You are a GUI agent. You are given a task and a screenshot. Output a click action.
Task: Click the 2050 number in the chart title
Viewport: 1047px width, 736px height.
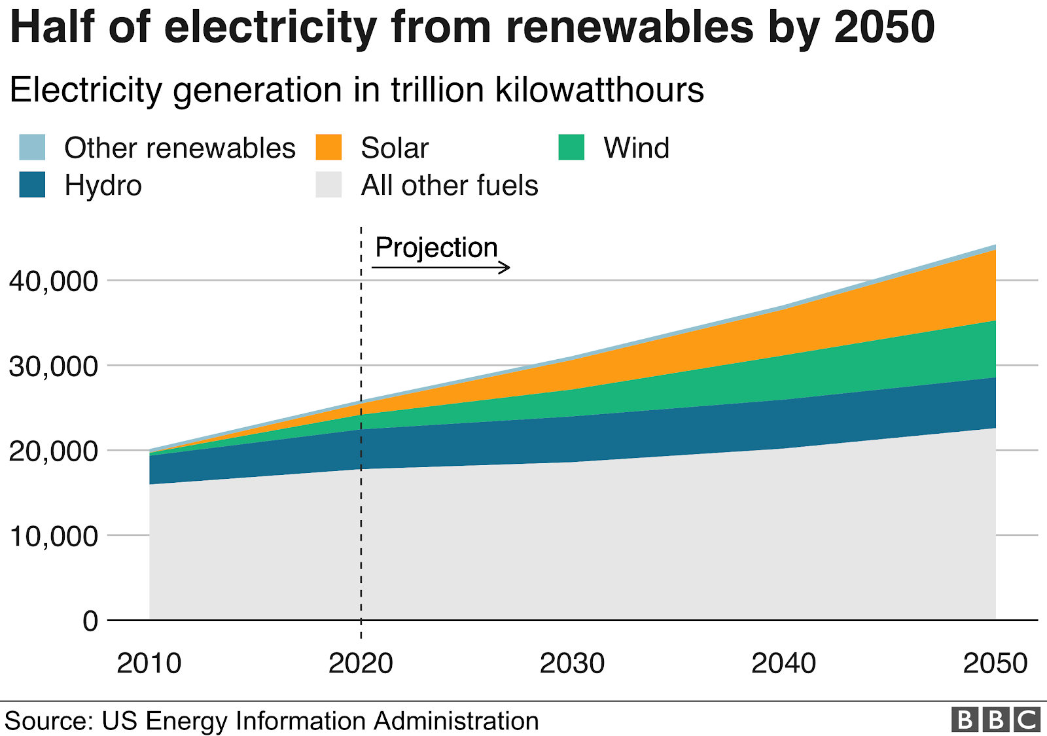(x=884, y=27)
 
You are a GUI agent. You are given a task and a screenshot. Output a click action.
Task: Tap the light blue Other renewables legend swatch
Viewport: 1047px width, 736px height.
(x=32, y=147)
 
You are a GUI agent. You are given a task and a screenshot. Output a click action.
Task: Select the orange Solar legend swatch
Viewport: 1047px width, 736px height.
(x=328, y=147)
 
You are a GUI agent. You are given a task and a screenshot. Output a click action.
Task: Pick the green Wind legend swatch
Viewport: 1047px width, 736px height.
(x=571, y=147)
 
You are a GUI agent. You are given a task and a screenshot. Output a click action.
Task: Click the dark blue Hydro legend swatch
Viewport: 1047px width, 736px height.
(x=32, y=184)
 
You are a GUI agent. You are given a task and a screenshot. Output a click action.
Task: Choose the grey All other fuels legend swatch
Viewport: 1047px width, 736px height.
(x=328, y=184)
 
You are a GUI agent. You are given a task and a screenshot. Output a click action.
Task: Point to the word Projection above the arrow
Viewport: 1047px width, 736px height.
(x=436, y=248)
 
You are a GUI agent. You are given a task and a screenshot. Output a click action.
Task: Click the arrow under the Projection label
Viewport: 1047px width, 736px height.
(x=440, y=267)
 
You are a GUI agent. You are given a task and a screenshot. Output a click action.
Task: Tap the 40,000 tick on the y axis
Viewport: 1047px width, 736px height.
(x=53, y=281)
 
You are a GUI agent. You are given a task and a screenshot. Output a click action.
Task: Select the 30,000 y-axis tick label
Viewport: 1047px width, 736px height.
(x=53, y=366)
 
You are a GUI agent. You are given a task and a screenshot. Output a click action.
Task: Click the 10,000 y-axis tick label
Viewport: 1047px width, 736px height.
(x=53, y=536)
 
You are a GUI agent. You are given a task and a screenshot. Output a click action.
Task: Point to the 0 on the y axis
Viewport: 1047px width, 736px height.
(x=90, y=621)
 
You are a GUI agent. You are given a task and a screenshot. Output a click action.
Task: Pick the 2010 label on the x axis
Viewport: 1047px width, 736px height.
(x=149, y=663)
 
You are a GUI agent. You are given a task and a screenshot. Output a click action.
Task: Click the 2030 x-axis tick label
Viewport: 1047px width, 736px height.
(x=572, y=663)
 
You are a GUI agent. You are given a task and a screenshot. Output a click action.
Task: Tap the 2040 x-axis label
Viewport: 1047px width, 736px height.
(x=783, y=663)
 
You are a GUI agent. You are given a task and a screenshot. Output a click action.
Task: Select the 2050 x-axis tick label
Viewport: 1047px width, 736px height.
(x=995, y=663)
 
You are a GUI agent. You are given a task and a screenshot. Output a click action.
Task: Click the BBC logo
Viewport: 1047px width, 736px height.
(x=995, y=720)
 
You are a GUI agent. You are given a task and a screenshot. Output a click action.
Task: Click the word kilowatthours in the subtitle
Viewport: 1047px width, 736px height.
(x=599, y=90)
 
